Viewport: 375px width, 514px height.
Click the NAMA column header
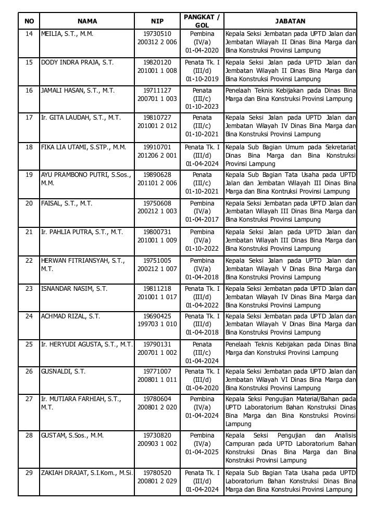point(87,21)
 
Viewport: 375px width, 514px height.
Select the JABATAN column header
point(290,21)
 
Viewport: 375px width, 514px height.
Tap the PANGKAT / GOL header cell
point(202,21)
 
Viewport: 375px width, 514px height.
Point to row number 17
point(29,118)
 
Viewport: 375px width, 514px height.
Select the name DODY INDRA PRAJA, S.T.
point(77,62)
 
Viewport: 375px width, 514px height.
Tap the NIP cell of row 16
point(157,94)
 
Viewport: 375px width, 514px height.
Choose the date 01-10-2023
point(202,107)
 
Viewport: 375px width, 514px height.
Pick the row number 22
point(29,260)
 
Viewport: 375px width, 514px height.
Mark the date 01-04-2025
point(202,452)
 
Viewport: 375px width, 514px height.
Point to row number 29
point(29,472)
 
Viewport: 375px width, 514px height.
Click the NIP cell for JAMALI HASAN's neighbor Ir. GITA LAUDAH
point(157,122)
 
